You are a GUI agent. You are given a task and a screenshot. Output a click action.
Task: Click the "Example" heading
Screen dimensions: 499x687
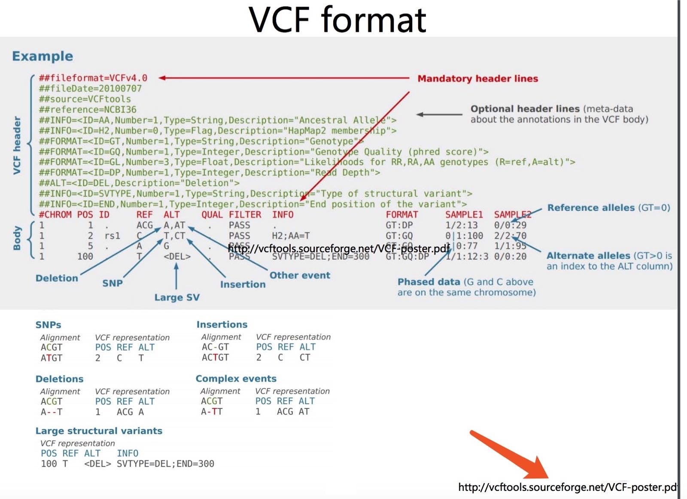point(43,56)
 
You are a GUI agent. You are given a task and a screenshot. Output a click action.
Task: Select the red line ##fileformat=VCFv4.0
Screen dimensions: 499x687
point(93,78)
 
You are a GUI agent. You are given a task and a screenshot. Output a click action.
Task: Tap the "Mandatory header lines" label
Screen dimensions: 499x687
point(477,79)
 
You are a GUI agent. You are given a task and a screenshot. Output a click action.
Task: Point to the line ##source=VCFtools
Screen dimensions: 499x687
point(85,99)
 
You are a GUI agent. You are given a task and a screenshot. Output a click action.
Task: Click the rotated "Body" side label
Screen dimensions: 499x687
point(17,238)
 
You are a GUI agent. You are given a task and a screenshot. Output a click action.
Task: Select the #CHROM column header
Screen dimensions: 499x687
point(55,215)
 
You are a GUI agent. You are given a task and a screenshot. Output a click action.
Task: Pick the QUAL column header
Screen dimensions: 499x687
point(212,215)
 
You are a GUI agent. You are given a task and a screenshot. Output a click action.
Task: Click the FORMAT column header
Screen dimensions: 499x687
point(401,215)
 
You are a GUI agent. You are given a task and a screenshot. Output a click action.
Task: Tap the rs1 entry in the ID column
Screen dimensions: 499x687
point(112,236)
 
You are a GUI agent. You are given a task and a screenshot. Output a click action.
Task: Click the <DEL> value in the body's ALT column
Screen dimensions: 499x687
point(177,257)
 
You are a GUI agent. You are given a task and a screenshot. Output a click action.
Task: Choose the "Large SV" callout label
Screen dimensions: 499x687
point(177,297)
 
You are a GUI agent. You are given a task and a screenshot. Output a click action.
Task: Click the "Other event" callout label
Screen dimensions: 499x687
point(300,275)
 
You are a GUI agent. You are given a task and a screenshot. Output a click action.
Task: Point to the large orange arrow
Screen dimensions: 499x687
point(511,456)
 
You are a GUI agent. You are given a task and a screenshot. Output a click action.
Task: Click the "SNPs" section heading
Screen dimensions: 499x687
point(48,325)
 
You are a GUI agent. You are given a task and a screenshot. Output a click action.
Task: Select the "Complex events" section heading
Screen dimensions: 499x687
point(236,379)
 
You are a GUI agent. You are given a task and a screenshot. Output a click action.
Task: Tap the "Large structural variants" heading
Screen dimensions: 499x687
point(99,431)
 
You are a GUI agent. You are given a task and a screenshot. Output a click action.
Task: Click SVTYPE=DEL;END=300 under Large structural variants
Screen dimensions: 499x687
point(165,464)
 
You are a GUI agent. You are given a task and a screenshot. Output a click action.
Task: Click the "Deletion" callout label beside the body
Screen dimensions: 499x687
point(57,278)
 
